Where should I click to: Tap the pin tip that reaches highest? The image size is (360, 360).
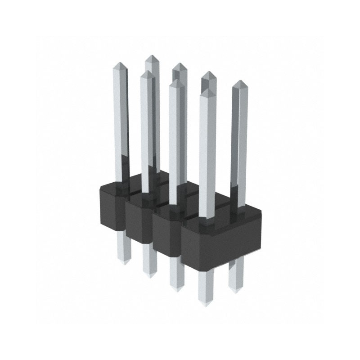pos(151,56)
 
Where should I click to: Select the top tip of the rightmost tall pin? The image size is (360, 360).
pos(240,82)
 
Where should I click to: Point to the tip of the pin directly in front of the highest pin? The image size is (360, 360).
pos(147,72)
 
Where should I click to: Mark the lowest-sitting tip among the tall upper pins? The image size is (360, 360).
pos(207,90)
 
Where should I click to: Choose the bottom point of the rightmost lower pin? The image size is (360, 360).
pos(235,288)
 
